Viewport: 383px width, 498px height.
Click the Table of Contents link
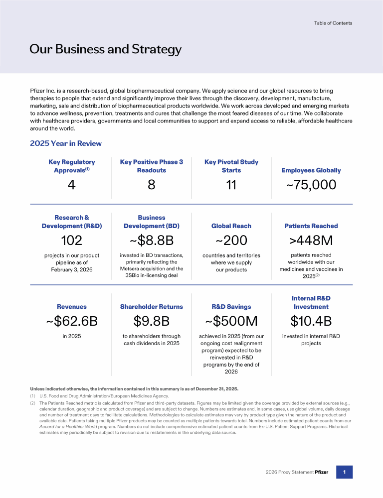click(x=333, y=23)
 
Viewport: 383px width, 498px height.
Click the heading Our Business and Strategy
click(x=105, y=49)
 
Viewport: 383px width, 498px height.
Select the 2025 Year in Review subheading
click(x=66, y=143)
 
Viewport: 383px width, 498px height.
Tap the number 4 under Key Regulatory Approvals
click(x=71, y=185)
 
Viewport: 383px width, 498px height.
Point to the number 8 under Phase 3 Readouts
click(x=152, y=185)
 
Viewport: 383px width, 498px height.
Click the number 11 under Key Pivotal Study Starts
click(x=231, y=185)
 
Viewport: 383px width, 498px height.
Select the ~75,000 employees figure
click(x=311, y=185)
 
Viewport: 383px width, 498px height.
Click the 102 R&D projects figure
click(x=71, y=241)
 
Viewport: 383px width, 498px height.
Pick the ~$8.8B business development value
click(x=152, y=241)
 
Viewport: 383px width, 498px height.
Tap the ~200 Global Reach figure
click(x=231, y=241)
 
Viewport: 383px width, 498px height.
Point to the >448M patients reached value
click(x=311, y=241)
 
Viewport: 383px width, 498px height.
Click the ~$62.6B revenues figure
click(x=71, y=322)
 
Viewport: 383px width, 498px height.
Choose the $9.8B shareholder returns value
click(x=152, y=322)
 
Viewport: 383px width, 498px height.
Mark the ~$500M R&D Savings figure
click(x=231, y=322)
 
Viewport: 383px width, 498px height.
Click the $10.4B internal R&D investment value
click(x=311, y=322)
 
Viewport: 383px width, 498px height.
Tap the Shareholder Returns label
click(x=152, y=307)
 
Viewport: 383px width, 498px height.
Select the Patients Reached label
click(x=311, y=226)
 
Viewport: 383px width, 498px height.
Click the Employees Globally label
click(x=311, y=170)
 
